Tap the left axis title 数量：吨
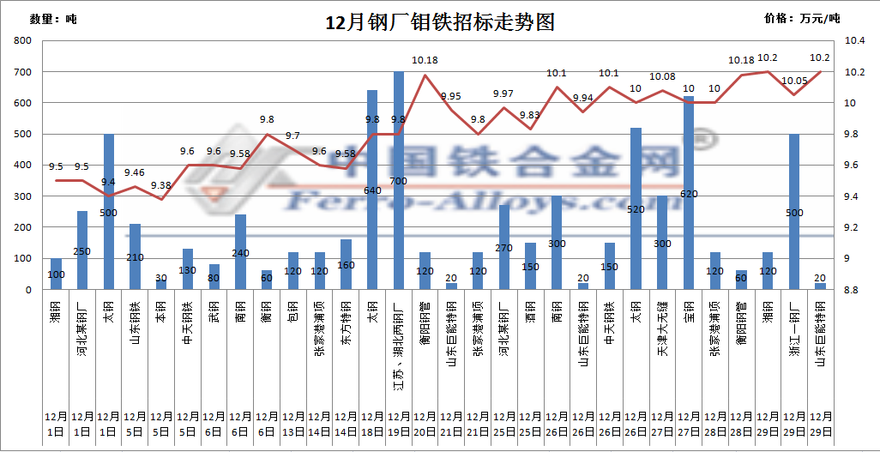pos(52,19)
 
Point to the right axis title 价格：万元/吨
pos(802,18)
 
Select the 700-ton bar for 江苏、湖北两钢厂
pos(399,180)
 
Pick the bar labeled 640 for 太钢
pos(372,190)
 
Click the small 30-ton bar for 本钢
pos(161,284)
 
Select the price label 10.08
pos(662,77)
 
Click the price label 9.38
pos(161,185)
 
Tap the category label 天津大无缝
pos(662,322)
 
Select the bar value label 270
pos(504,248)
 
